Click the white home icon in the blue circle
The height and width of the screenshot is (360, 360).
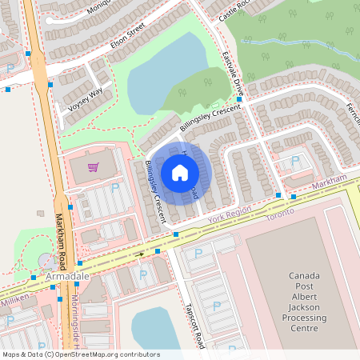[180, 172]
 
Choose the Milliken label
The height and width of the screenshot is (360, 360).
[14, 297]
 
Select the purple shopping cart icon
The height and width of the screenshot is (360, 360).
[94, 166]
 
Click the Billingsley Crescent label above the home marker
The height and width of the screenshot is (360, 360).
[210, 117]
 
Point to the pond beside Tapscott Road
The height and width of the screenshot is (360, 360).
[158, 327]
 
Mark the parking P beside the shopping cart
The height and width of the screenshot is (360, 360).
[114, 187]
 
